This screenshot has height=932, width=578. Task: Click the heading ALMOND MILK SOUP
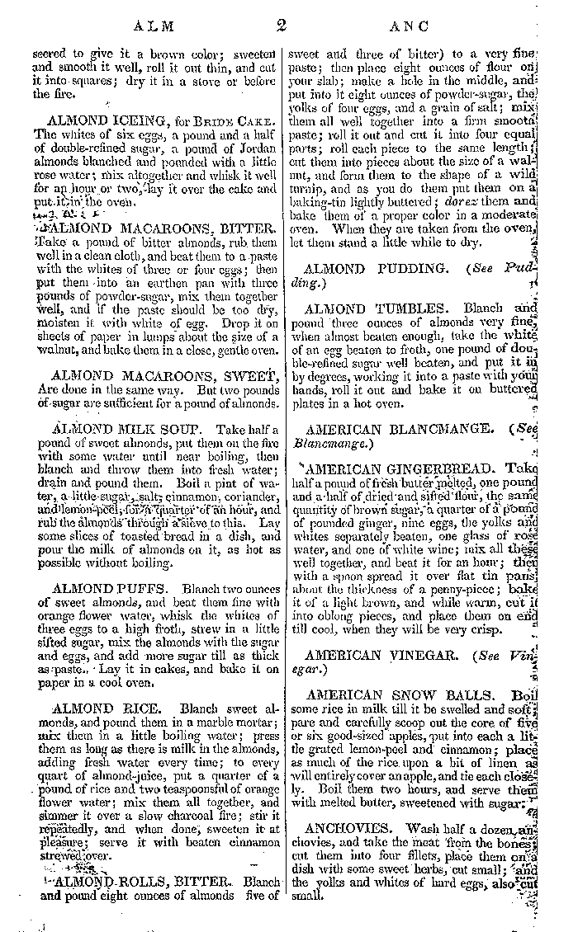click(x=119, y=431)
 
